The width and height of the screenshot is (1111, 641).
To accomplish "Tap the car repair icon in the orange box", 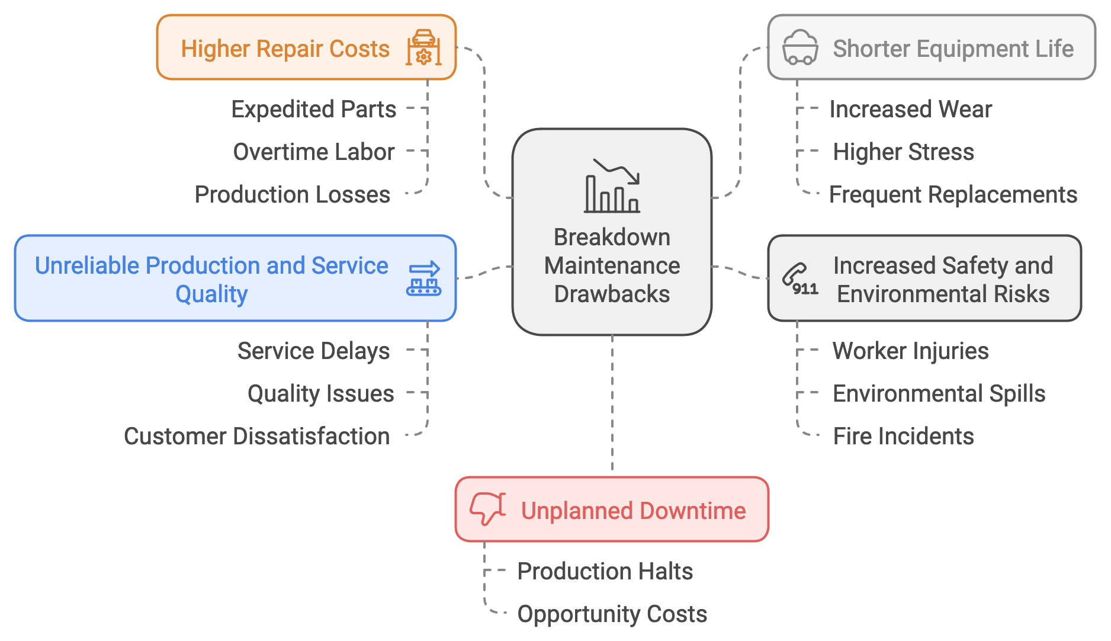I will (x=423, y=47).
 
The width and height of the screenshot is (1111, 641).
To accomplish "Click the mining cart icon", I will (x=799, y=47).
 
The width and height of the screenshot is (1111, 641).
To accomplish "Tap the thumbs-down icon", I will (x=487, y=509).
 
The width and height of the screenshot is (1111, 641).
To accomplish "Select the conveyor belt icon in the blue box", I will (x=423, y=278).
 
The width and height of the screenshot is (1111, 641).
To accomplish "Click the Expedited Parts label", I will (x=314, y=110).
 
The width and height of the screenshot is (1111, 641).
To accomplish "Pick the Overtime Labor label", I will (x=314, y=152).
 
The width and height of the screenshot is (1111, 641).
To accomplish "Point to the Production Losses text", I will (x=293, y=195).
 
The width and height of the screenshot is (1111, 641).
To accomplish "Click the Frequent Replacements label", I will (x=952, y=195).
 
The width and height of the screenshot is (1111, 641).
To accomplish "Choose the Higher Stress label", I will (x=903, y=152).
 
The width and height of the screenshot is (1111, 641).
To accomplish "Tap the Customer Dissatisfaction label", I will (x=256, y=437).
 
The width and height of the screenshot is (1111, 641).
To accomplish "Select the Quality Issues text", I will (x=320, y=394).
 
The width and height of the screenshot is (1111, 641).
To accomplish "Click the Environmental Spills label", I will (x=939, y=394).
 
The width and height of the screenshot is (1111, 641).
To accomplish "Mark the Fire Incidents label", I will (x=903, y=437).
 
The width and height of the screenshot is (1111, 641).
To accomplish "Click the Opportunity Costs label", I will (x=612, y=614).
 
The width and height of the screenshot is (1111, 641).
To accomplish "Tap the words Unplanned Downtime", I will (x=633, y=511).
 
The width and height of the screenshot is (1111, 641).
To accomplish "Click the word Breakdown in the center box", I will (x=612, y=238).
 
